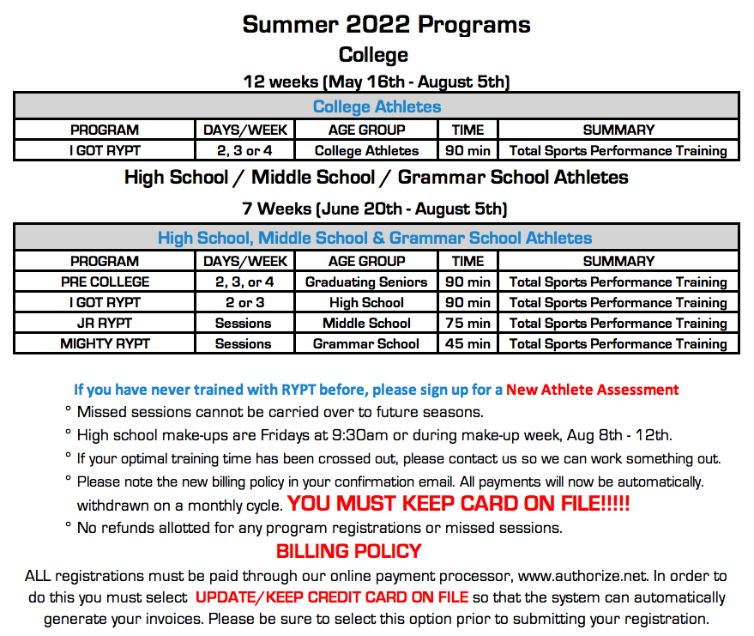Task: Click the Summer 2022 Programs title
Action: tap(386, 25)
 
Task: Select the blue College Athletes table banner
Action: tap(377, 106)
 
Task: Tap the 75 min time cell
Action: tap(467, 323)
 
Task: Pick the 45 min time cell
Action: tap(467, 343)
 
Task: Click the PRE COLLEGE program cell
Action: tap(105, 282)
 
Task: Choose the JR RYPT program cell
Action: tap(105, 323)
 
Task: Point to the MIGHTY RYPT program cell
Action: tap(105, 343)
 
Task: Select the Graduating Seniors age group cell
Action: tap(366, 282)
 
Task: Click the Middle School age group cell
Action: tap(366, 323)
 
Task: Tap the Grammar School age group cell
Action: tap(366, 343)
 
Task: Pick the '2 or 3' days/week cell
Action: tap(244, 303)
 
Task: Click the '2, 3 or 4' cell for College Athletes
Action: tap(244, 150)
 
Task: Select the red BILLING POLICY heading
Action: tap(348, 551)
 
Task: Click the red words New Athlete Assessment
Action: tap(593, 389)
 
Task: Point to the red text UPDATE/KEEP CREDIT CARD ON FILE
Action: tap(332, 597)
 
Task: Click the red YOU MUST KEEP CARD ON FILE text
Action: tap(458, 504)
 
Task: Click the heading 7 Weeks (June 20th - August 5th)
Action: tap(375, 209)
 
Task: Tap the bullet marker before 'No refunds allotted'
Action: tap(69, 524)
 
